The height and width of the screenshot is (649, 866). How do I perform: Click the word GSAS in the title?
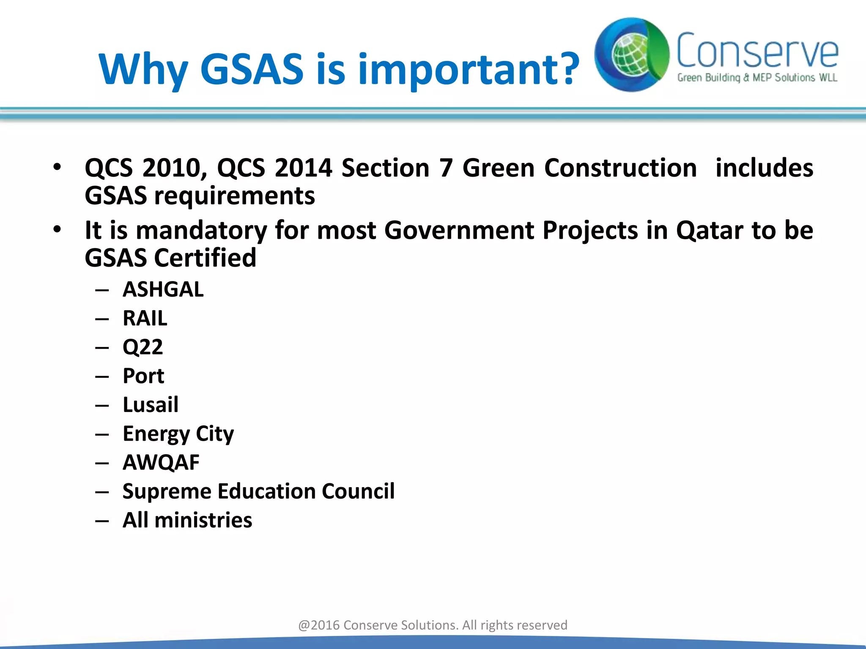(252, 68)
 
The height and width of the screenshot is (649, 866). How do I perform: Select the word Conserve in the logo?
(757, 51)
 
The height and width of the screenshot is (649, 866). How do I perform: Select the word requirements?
(234, 196)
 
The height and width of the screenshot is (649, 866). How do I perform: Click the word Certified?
(205, 258)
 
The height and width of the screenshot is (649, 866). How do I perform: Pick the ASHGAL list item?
(163, 290)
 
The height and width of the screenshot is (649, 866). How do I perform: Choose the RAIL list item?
(145, 319)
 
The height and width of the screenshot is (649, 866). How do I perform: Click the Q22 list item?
(143, 347)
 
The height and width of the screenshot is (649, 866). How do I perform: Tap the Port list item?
(143, 376)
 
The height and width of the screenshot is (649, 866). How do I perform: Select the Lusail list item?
(151, 405)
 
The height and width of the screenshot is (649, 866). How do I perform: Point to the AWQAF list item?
(161, 463)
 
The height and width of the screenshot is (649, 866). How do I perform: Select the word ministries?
(203, 520)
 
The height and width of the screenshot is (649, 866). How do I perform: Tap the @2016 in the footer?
(319, 625)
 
